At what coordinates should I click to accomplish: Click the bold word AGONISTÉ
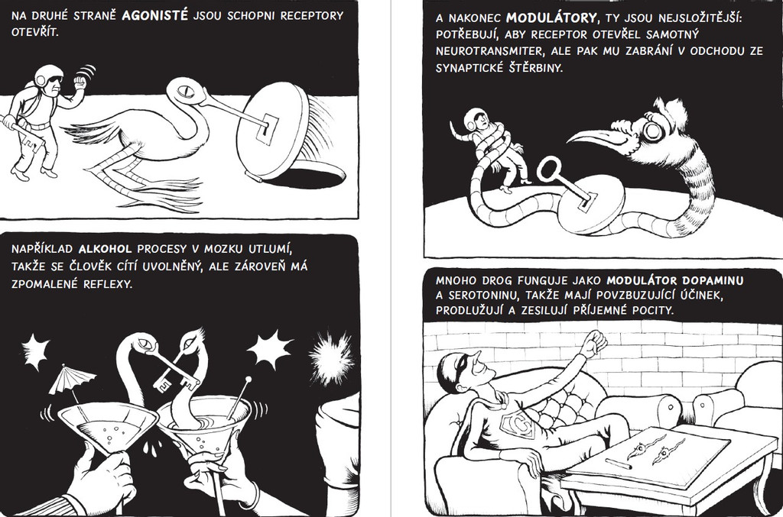tap(155, 16)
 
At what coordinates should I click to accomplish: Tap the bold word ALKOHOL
tap(106, 249)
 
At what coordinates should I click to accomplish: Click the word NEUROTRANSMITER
tap(482, 51)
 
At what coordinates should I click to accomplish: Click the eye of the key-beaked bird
tap(185, 91)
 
